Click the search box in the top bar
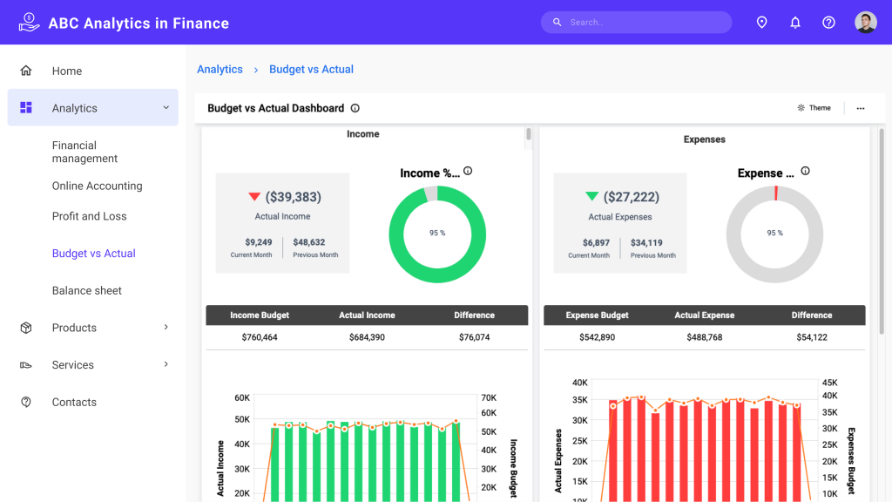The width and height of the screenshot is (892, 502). (x=636, y=23)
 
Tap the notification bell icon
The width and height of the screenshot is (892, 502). (x=795, y=23)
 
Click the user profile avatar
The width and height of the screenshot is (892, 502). (x=865, y=23)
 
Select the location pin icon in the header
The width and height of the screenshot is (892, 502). (x=761, y=23)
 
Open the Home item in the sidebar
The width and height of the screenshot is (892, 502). (x=66, y=71)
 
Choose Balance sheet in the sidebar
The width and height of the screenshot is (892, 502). (x=87, y=291)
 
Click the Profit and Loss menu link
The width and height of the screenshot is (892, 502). (x=89, y=216)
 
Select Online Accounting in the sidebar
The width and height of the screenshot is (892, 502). (x=97, y=186)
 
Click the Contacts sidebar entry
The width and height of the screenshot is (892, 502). (x=74, y=403)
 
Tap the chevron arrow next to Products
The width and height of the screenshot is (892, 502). (x=166, y=328)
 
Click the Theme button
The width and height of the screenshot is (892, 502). (x=814, y=108)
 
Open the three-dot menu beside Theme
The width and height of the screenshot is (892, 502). (x=861, y=108)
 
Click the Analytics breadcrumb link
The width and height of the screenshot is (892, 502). (x=220, y=70)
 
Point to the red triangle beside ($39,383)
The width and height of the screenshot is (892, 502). (x=254, y=197)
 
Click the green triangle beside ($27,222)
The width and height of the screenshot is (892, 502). (x=592, y=197)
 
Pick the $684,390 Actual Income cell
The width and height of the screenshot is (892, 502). (x=367, y=337)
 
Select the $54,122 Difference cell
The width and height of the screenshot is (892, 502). (x=812, y=337)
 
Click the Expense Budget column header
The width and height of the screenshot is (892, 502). (x=597, y=315)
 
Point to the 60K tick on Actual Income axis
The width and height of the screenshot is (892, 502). (x=242, y=397)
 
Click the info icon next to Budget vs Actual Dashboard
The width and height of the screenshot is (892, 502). (x=355, y=108)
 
